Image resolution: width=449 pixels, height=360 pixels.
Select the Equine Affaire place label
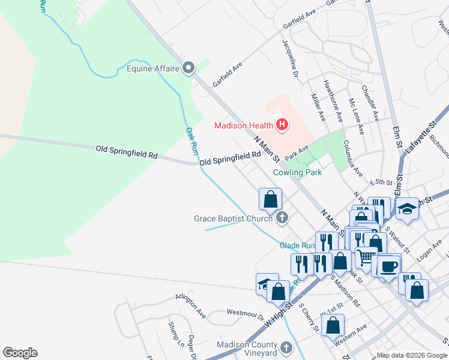tap(153, 68)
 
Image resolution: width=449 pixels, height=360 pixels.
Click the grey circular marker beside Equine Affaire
tap(189, 68)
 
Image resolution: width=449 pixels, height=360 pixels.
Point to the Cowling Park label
tap(297, 172)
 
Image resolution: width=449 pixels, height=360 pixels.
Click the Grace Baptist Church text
tap(234, 218)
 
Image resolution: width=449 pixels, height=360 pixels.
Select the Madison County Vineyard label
tap(247, 349)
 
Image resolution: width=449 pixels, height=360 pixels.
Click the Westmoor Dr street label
tap(246, 313)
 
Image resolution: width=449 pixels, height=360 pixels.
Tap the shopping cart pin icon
tap(366, 257)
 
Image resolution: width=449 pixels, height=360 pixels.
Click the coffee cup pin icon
tap(389, 265)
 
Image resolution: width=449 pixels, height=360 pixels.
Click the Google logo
tap(20, 353)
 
